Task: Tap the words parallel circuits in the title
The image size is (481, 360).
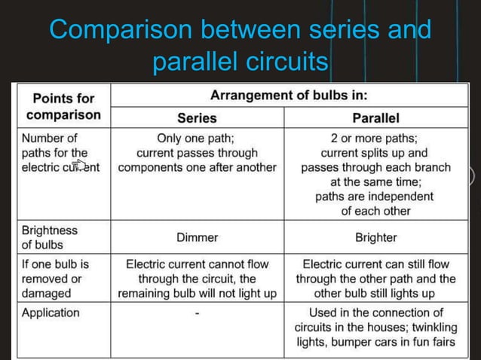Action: click(x=240, y=61)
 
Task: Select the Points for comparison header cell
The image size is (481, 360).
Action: click(x=63, y=106)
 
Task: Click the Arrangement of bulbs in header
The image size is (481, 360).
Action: click(x=294, y=96)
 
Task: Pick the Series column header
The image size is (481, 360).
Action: click(x=197, y=117)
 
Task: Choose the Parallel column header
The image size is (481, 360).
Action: click(x=375, y=117)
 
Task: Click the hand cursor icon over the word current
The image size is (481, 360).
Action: click(x=79, y=166)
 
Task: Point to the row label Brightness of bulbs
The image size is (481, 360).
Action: click(x=50, y=237)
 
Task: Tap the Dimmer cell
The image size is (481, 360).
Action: click(x=197, y=237)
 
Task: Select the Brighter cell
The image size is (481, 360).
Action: click(x=375, y=237)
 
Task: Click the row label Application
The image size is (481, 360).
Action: click(x=51, y=312)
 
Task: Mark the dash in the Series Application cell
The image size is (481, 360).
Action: click(x=197, y=313)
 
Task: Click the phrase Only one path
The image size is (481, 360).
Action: click(x=197, y=139)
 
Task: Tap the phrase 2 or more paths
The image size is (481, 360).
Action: click(x=375, y=139)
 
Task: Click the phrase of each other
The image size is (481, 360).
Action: click(x=375, y=210)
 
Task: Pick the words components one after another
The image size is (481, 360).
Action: click(x=197, y=167)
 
